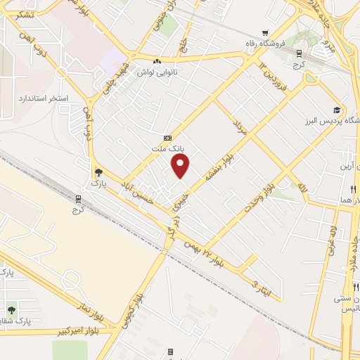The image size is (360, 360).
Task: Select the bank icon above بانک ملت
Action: (x=167, y=138)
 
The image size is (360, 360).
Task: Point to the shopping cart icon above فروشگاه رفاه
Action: (x=264, y=32)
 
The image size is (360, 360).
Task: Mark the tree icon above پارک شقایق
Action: (x=11, y=309)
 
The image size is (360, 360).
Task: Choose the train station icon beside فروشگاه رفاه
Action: (x=299, y=53)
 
